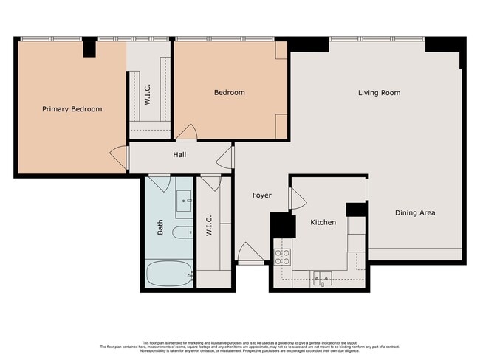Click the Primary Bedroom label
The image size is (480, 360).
coord(72,109)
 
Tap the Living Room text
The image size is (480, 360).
coord(379,93)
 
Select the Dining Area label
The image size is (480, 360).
coord(414,212)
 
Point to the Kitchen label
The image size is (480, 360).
coord(323,222)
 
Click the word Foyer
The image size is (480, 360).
coord(261,195)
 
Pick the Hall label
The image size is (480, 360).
coord(179,155)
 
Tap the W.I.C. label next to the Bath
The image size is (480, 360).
coord(209,225)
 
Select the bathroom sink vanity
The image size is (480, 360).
coord(184,199)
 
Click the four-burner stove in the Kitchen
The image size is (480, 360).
coord(282,257)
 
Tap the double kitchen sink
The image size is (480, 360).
coord(322,278)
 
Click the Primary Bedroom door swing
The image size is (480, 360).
coord(118,156)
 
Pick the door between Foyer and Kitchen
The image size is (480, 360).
coord(297,198)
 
